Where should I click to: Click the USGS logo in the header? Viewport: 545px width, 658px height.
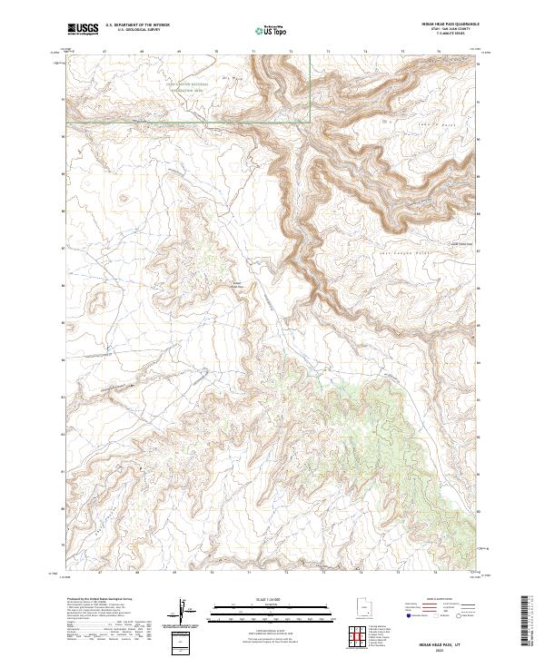[x=83, y=29]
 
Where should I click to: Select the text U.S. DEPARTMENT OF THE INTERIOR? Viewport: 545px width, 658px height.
[x=137, y=25]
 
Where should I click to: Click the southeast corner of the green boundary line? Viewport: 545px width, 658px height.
[x=311, y=120]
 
